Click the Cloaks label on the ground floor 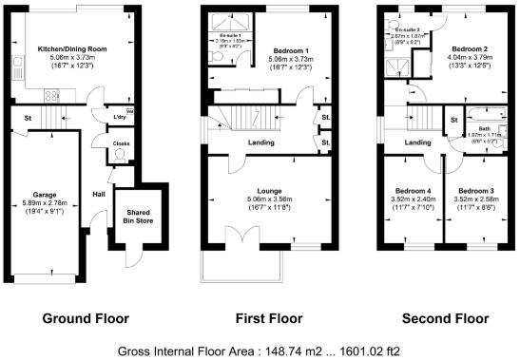click(x=121, y=144)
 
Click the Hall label click(x=98, y=194)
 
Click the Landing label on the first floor click(x=261, y=143)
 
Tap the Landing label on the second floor click(x=416, y=143)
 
